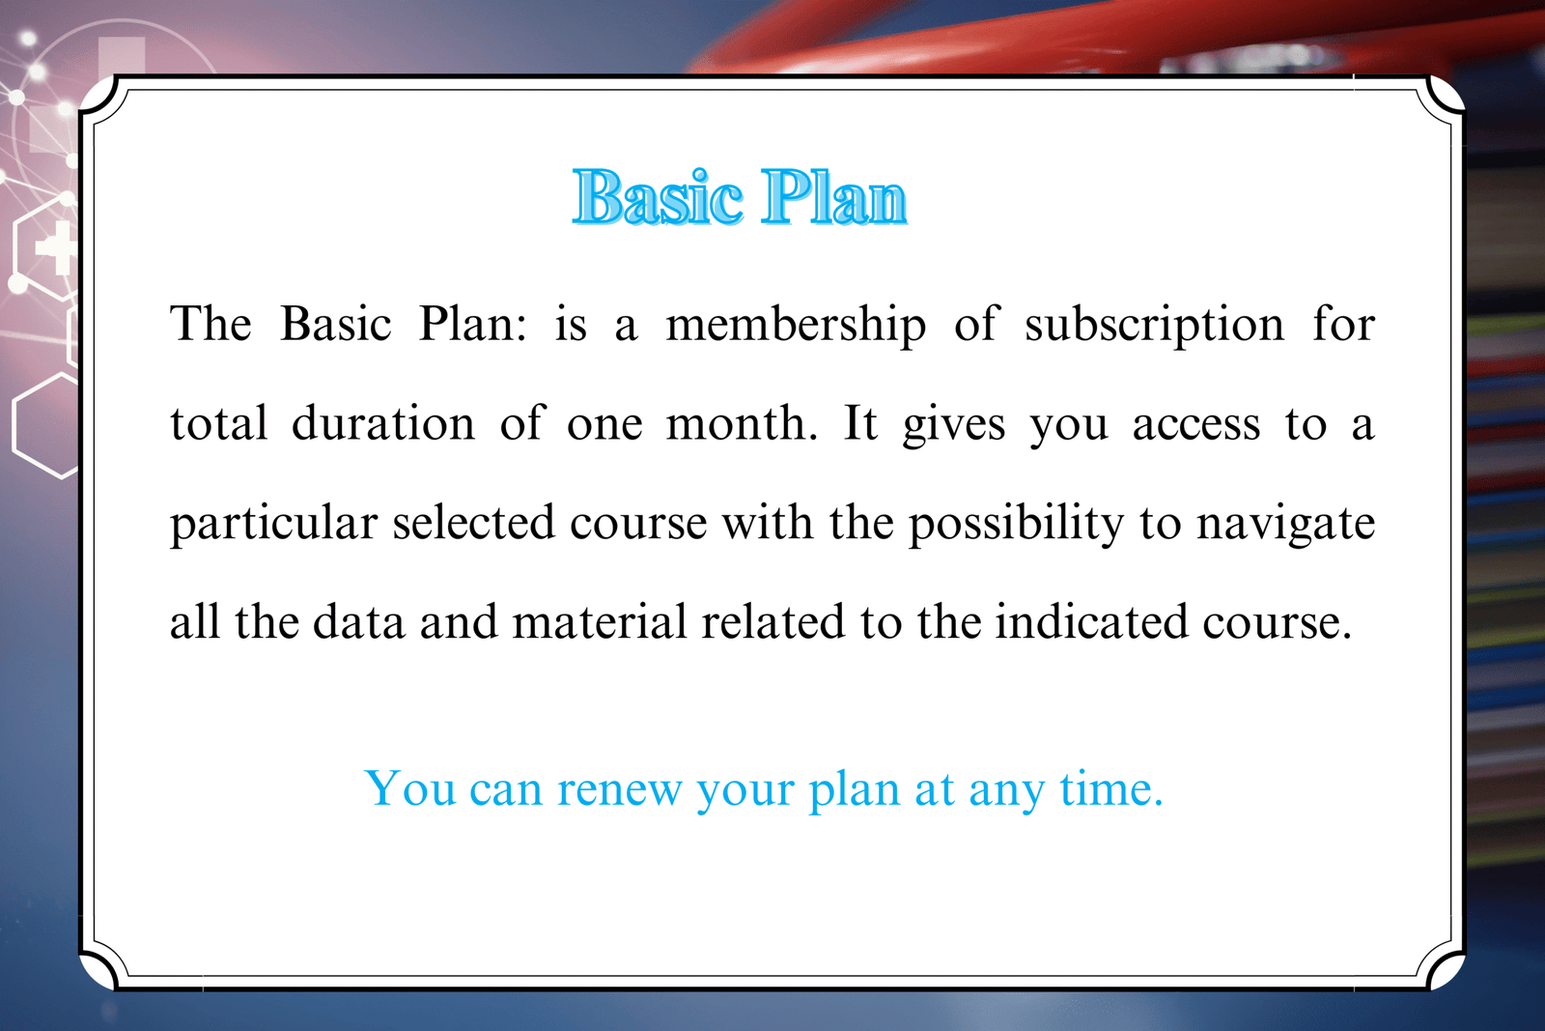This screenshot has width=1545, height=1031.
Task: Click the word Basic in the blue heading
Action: [x=658, y=197]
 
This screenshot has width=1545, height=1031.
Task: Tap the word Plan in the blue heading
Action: [x=834, y=197]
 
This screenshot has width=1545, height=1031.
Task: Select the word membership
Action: [x=796, y=326]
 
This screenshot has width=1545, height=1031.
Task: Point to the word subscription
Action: [x=1154, y=326]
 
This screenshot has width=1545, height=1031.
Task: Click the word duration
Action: [x=383, y=422]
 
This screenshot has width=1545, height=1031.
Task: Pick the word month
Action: [x=742, y=422]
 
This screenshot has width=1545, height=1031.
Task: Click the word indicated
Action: [x=1091, y=621]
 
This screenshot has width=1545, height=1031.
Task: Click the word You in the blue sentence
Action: [x=410, y=788]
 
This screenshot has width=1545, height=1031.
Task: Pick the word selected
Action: [x=474, y=523]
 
